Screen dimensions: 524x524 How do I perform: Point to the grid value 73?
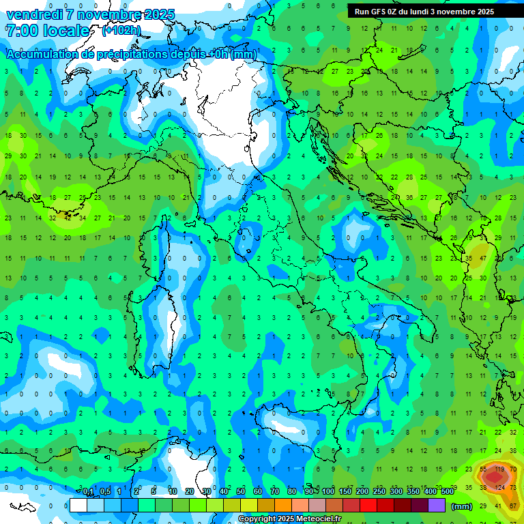pos(513,487)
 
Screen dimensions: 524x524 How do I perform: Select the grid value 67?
pos(513,506)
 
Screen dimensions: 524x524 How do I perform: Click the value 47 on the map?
pos(483,259)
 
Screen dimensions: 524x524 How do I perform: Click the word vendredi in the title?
pos(35,14)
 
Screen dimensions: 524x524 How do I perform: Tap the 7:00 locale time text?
pos(47,31)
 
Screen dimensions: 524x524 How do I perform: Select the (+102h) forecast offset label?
pos(121,31)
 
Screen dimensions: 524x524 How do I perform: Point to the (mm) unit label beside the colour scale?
pos(462,506)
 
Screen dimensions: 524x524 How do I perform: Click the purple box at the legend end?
pos(437,506)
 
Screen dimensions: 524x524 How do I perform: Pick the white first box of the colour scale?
pos(78,506)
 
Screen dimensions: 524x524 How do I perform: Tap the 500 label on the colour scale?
pos(448,492)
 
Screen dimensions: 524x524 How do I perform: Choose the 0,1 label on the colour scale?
pos(87,492)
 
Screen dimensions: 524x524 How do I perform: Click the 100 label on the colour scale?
pos(328,492)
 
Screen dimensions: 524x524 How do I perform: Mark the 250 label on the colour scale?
pos(379,492)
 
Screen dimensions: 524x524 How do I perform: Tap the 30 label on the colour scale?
pos(206,492)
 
